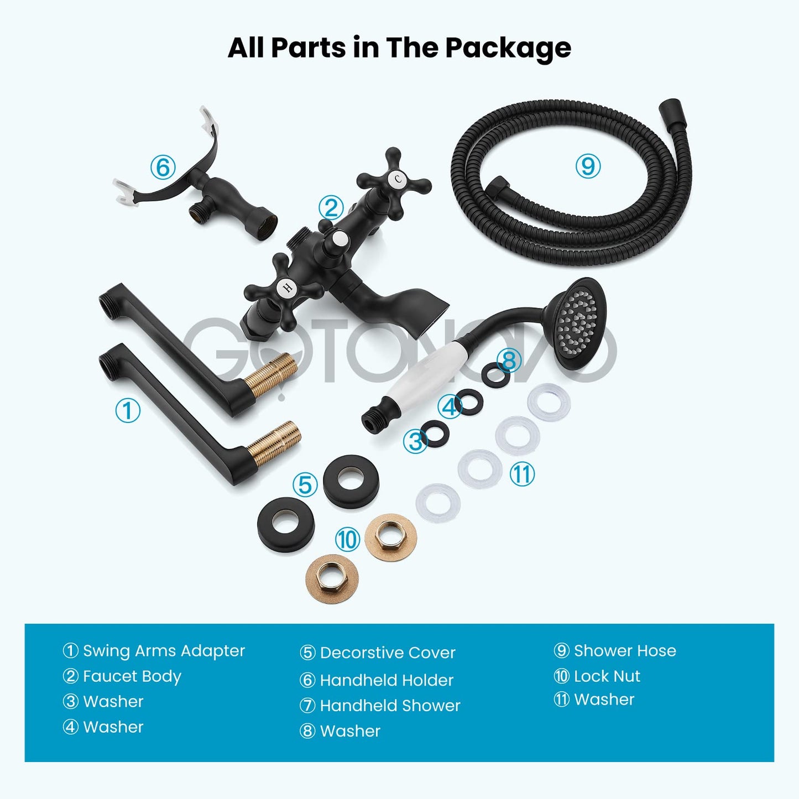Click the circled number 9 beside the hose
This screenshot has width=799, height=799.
(588, 166)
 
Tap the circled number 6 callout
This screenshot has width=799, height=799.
(163, 167)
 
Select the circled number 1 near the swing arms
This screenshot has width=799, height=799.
(127, 410)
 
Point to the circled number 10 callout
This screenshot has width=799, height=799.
(347, 540)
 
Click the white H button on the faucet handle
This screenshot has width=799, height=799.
(287, 287)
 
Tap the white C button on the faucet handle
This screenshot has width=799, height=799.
(398, 180)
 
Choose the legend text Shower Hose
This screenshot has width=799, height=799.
(625, 651)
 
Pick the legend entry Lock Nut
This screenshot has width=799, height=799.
(607, 676)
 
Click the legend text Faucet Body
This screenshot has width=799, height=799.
(132, 677)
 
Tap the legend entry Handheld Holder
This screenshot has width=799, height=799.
(387, 681)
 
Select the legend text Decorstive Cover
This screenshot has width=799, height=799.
(388, 652)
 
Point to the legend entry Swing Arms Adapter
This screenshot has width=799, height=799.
(164, 651)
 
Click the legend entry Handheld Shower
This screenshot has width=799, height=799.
(390, 706)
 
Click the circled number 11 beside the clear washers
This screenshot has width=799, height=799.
(521, 474)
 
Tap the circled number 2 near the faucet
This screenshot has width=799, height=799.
(331, 207)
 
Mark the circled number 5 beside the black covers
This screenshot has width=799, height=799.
(305, 484)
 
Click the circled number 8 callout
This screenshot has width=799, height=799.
(509, 360)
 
